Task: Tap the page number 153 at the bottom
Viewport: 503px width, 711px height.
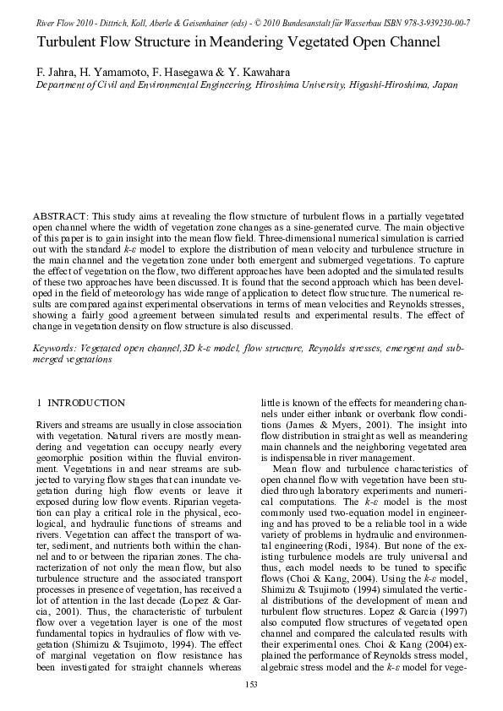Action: [x=251, y=683]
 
